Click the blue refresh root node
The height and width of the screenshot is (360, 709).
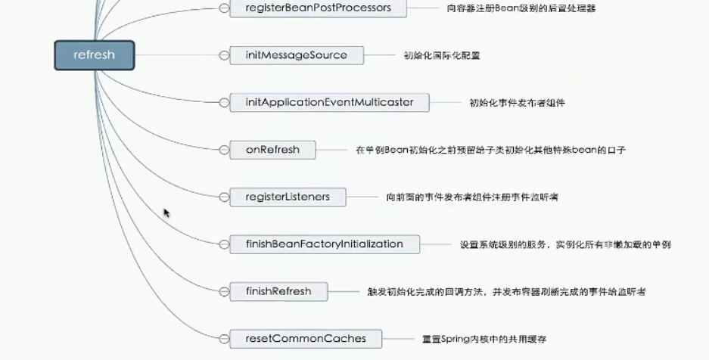click(x=94, y=55)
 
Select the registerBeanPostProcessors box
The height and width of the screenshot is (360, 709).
click(x=318, y=8)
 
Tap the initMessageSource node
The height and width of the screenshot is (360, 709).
click(x=296, y=55)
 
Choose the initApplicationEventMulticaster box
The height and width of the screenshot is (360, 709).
click(x=329, y=102)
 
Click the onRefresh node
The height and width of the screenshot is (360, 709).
click(x=272, y=150)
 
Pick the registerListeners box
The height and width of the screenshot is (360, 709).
click(x=288, y=197)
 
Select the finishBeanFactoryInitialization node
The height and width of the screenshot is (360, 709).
click(x=325, y=244)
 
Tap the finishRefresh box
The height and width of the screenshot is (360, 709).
click(x=278, y=291)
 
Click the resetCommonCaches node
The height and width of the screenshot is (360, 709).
click(x=306, y=338)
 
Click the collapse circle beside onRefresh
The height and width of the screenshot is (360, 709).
click(x=223, y=150)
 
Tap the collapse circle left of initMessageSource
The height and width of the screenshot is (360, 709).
click(x=223, y=55)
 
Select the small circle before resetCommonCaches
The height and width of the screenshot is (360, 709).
click(x=223, y=338)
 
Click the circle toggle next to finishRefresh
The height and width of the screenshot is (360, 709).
click(x=223, y=291)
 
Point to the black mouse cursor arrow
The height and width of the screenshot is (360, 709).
click(x=166, y=213)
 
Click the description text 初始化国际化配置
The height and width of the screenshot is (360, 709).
click(x=441, y=55)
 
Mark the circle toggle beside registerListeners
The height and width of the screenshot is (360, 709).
click(x=223, y=197)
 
